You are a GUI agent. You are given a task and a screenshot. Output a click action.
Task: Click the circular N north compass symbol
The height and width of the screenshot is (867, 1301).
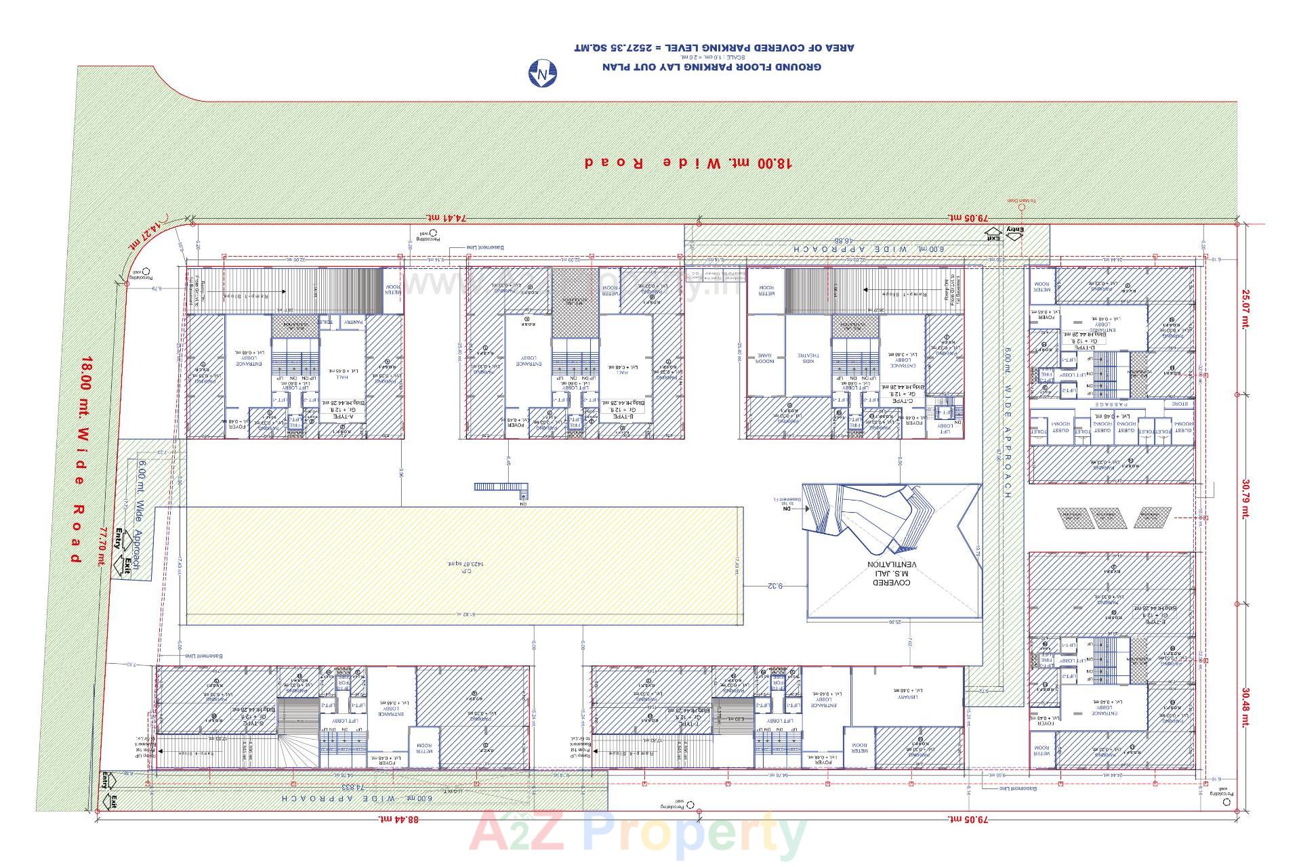click(542, 73)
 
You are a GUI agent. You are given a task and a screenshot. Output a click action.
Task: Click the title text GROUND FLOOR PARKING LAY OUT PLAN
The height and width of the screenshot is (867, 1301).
click(711, 67)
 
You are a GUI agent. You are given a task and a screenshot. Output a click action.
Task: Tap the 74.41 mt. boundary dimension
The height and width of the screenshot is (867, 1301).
click(447, 217)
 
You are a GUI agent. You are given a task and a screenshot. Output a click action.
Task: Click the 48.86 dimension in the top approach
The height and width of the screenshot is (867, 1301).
click(842, 240)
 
